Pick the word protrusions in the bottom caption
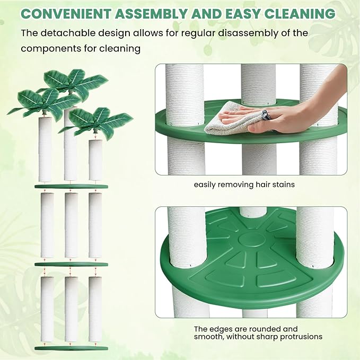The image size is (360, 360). click(301, 337)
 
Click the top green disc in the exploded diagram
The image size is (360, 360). click(71, 187)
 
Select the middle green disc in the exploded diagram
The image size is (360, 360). click(71, 264)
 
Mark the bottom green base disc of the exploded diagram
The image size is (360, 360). click(71, 348)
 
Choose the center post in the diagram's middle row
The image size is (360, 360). click(71, 225)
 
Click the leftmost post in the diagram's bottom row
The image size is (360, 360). click(47, 309)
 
